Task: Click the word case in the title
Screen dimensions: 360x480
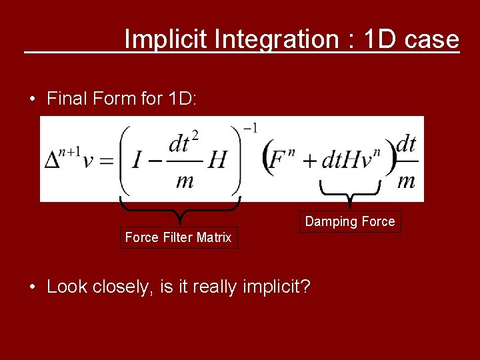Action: click(432, 39)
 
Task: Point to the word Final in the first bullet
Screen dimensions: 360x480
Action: click(69, 99)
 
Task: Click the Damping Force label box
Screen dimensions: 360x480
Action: click(350, 221)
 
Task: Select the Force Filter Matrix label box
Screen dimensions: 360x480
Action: click(178, 237)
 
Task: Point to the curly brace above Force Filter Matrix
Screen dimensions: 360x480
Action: click(179, 208)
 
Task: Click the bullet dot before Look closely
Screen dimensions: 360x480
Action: click(32, 287)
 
